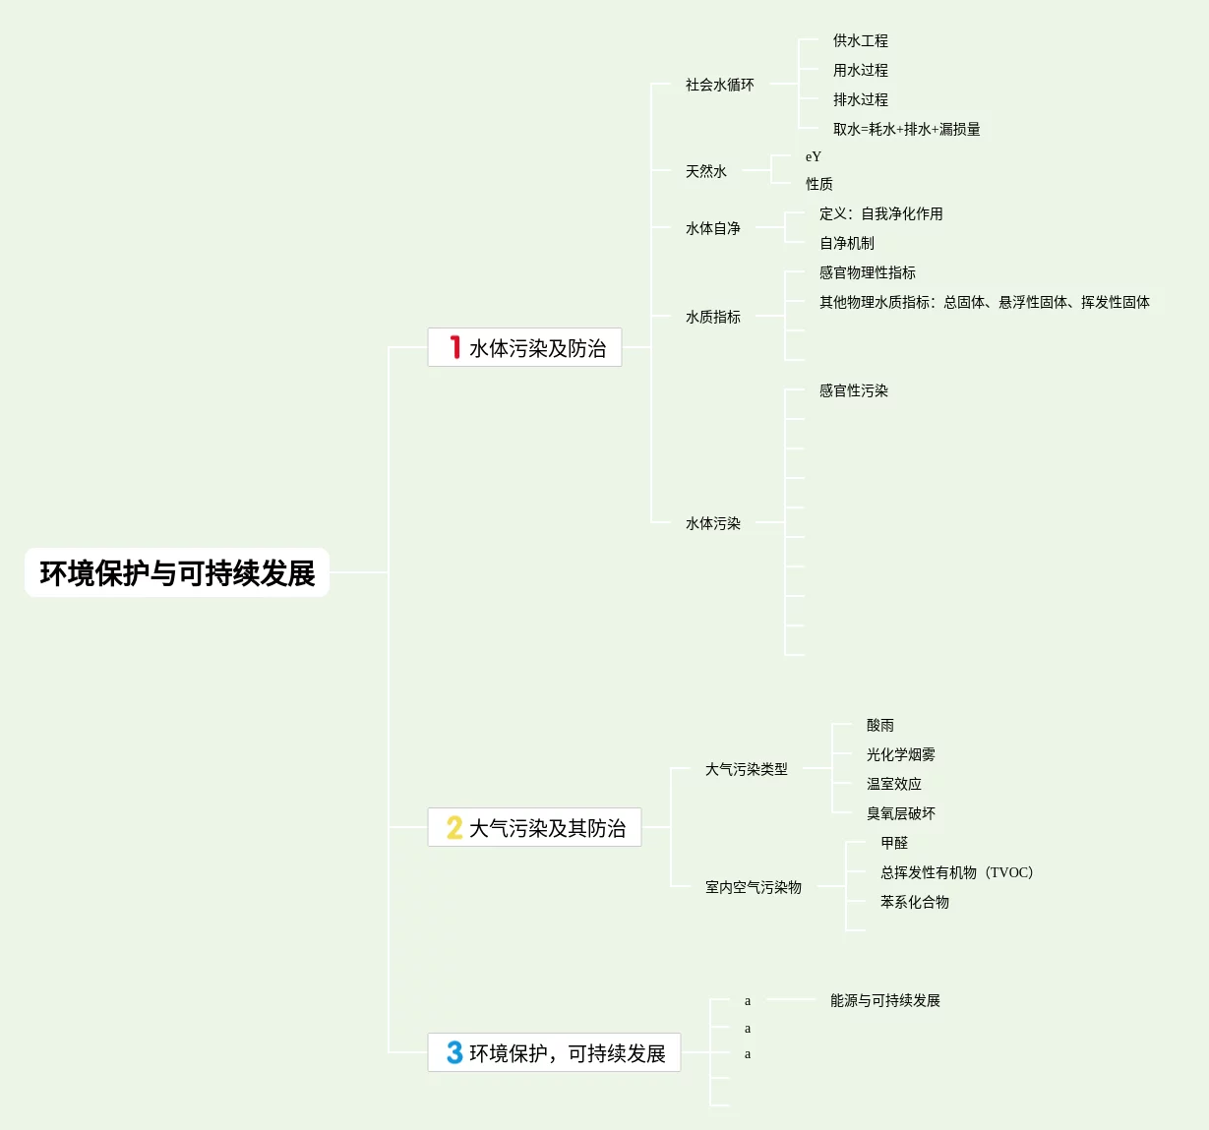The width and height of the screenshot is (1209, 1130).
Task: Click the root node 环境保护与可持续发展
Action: pos(177,572)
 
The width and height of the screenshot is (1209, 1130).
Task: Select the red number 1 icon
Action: pos(454,347)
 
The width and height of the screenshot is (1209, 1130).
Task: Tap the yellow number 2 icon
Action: pos(454,828)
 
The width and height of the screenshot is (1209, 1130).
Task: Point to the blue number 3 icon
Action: pos(454,1052)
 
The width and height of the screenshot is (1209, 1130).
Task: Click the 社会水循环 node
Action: pos(719,85)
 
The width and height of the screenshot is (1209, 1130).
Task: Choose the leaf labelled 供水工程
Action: pos(860,40)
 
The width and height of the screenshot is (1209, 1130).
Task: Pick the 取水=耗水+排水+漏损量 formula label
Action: pos(906,129)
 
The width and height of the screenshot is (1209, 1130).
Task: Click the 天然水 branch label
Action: pos(705,171)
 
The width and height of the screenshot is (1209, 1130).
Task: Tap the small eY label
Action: pos(813,156)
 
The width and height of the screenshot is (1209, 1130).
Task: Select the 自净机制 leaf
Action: pos(846,243)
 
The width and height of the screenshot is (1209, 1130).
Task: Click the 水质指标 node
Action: pos(712,317)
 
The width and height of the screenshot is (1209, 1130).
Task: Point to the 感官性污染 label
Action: pos(853,390)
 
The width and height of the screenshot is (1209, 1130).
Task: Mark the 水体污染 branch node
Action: pos(712,523)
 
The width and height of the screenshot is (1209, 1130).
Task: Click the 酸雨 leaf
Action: pos(879,725)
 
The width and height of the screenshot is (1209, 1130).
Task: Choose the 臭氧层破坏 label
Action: pos(900,813)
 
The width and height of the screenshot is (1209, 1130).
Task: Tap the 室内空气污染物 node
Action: pos(753,887)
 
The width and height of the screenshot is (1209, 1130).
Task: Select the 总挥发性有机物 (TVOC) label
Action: pos(956,872)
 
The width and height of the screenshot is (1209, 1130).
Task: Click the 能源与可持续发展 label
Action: pos(884,1000)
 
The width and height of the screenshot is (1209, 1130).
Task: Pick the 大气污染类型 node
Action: pos(746,769)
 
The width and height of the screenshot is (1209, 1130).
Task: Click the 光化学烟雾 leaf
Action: pos(900,754)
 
